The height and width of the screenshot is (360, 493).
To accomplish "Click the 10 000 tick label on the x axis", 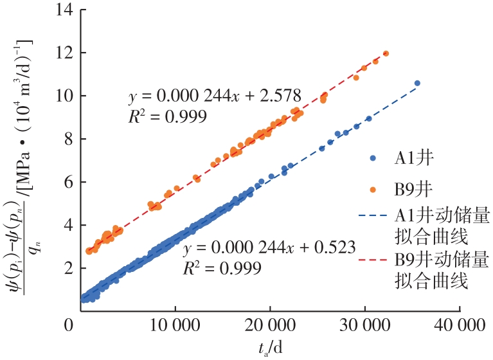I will (x=175, y=326).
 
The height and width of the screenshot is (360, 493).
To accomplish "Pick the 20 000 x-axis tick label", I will (x=270, y=326).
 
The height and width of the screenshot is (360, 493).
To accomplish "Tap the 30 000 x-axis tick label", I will (x=364, y=326).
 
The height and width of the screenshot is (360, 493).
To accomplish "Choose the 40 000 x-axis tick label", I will (x=460, y=326).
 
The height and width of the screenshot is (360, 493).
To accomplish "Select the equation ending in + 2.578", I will (x=215, y=96).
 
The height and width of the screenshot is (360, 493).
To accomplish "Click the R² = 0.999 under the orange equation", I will (x=168, y=116).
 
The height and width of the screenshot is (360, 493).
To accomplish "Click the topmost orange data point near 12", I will (x=386, y=53).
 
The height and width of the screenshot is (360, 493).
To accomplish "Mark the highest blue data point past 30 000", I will (x=417, y=83).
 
